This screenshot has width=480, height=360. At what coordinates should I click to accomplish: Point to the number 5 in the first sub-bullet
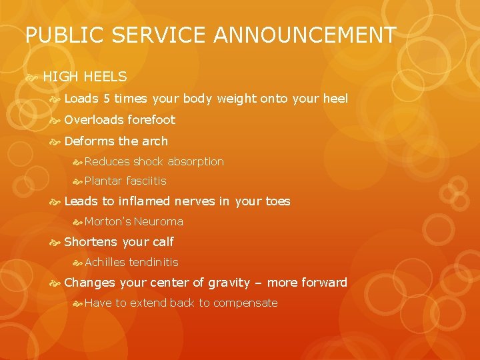click(x=107, y=99)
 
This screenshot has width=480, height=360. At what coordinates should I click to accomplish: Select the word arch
click(x=155, y=141)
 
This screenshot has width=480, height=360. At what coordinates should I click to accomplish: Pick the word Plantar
click(x=103, y=181)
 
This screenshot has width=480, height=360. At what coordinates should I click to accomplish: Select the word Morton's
click(x=108, y=221)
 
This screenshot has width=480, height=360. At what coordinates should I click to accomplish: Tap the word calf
click(x=163, y=241)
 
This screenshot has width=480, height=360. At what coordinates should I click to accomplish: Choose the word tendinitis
click(x=153, y=262)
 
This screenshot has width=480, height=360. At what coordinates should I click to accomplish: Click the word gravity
click(x=229, y=283)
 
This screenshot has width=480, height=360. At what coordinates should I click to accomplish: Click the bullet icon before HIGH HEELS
click(x=31, y=77)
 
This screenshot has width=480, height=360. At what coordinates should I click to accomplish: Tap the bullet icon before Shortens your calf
click(x=55, y=241)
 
